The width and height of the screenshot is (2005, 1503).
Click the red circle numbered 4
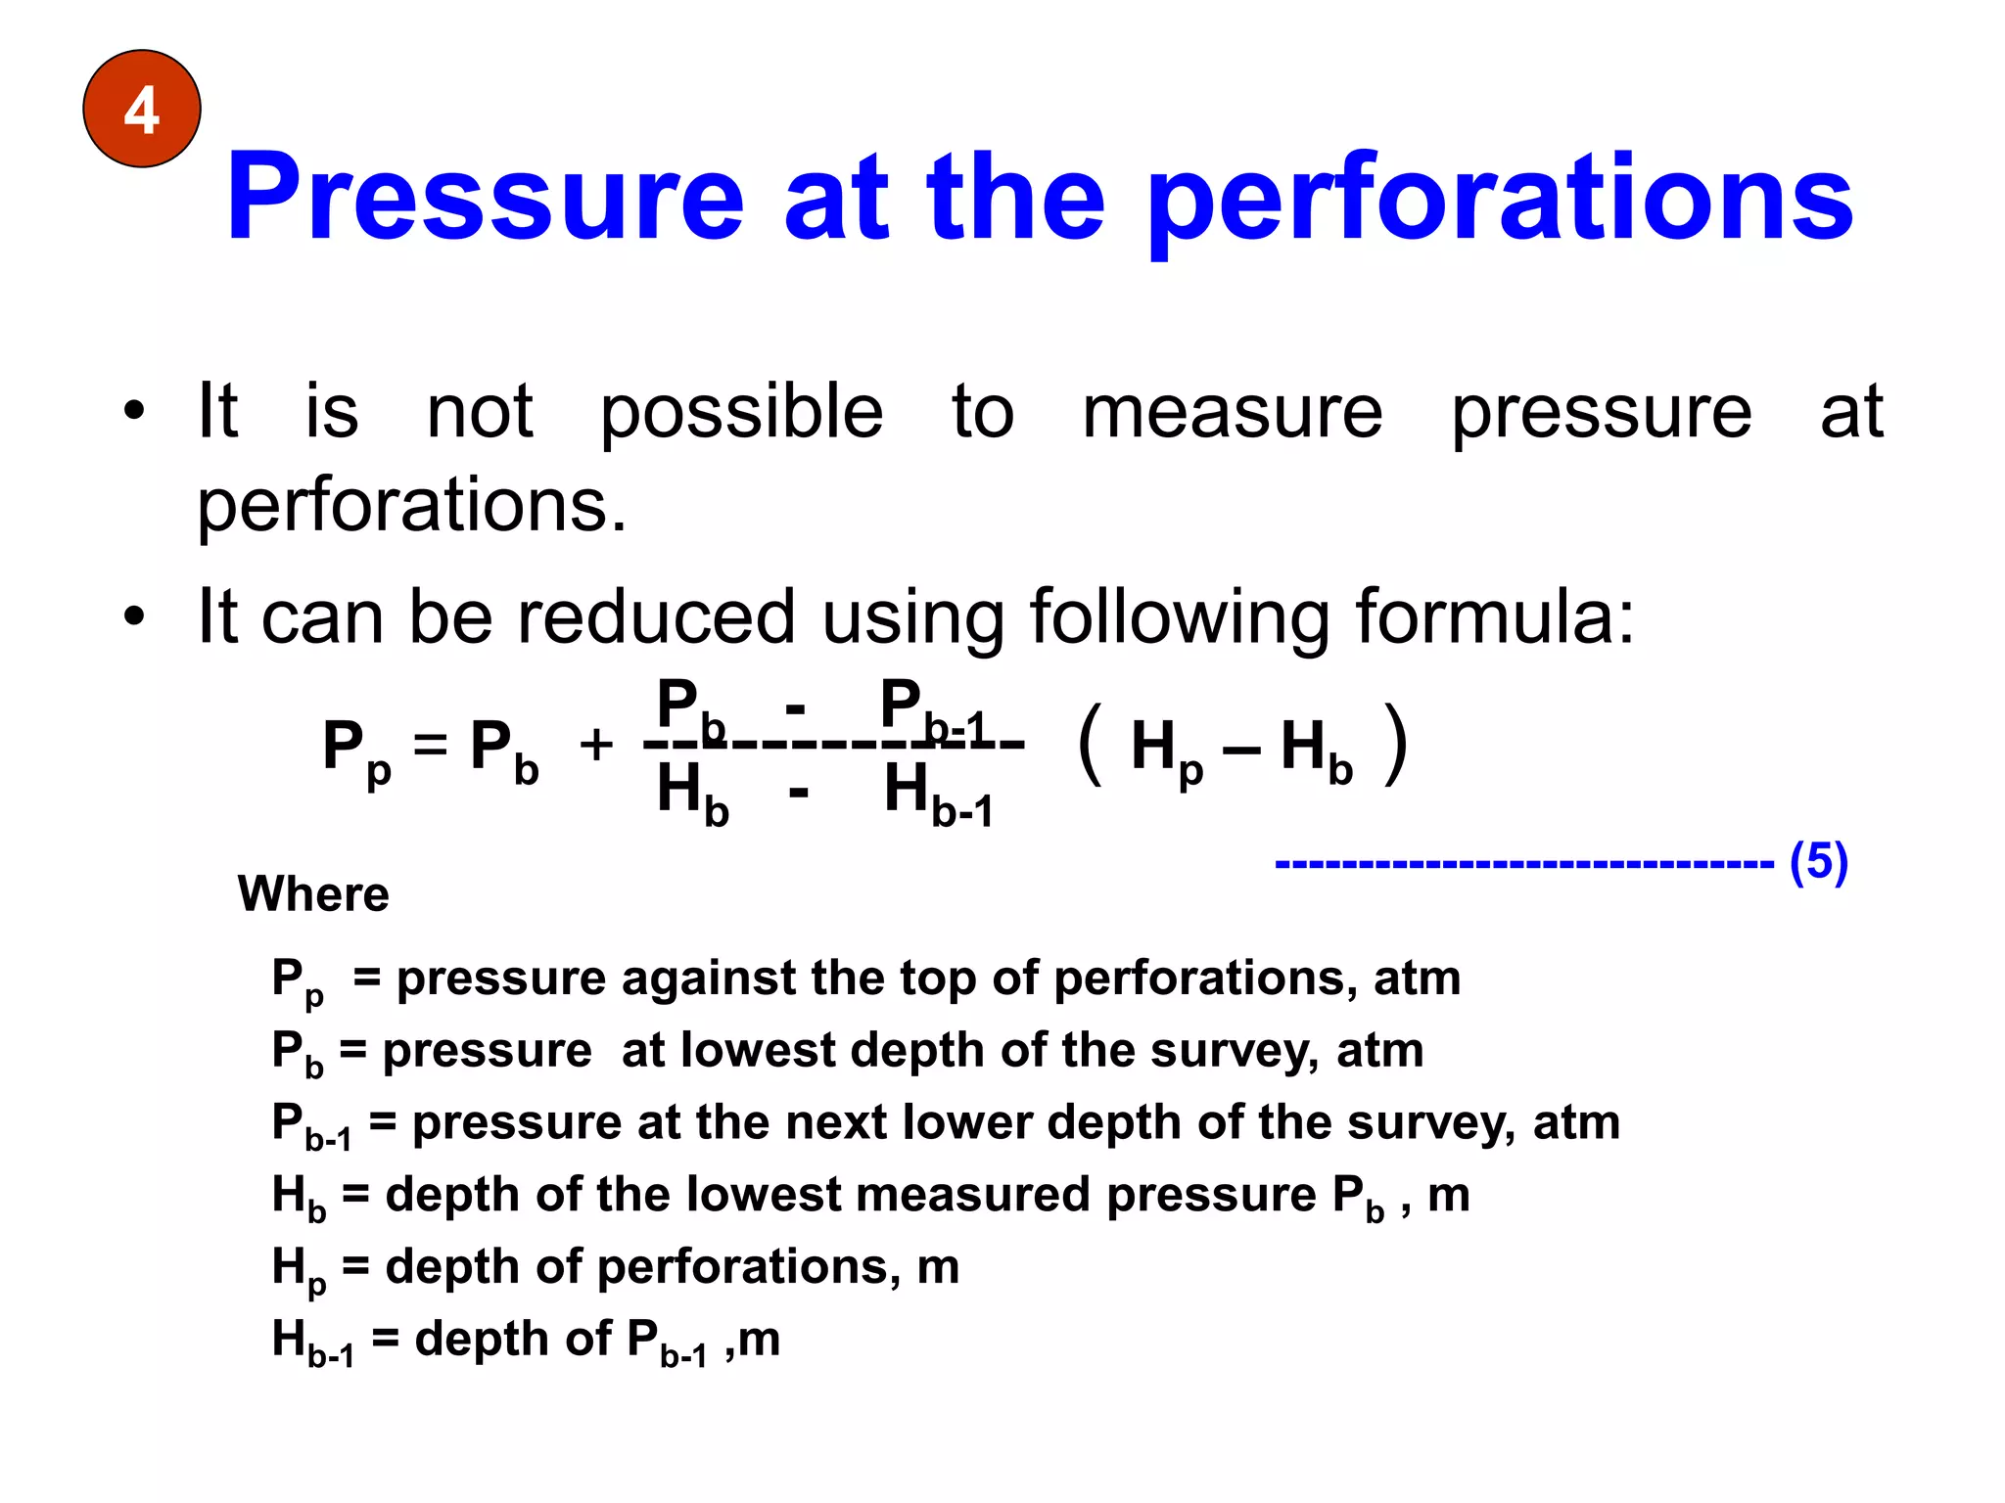(142, 109)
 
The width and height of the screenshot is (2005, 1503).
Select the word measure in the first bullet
(1232, 412)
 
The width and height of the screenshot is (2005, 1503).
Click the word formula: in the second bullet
(1494, 617)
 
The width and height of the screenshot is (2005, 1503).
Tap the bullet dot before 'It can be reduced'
(134, 617)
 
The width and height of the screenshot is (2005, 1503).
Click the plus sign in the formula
(596, 746)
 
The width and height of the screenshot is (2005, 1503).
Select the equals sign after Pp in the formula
(430, 746)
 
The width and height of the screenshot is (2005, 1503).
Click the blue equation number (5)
(1818, 862)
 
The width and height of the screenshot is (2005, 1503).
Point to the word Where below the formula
(313, 893)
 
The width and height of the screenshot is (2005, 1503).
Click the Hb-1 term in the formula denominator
(938, 795)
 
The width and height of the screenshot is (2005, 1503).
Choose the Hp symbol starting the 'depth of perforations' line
(298, 1269)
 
